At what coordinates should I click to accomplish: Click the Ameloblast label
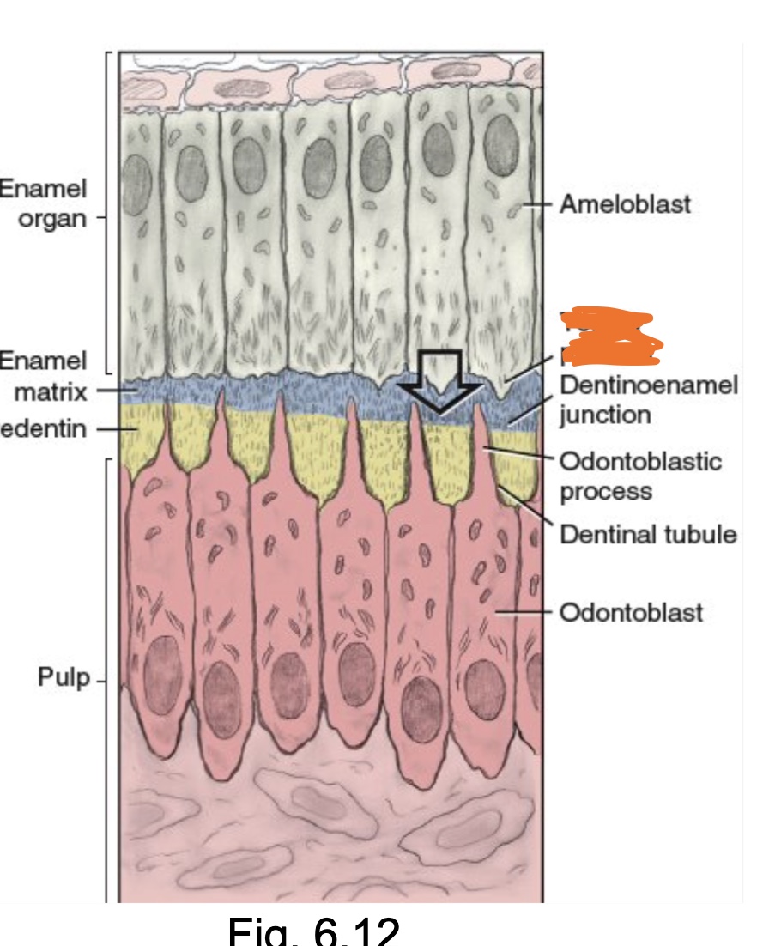625,205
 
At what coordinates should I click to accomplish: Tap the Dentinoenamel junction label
648,399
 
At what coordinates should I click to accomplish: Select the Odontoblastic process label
640,476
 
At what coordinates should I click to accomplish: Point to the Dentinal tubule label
648,535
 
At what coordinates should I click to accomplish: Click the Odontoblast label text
631,612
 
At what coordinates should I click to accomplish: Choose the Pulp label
63,677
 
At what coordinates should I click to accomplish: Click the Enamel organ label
43,203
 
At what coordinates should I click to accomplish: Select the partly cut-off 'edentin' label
43,428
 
